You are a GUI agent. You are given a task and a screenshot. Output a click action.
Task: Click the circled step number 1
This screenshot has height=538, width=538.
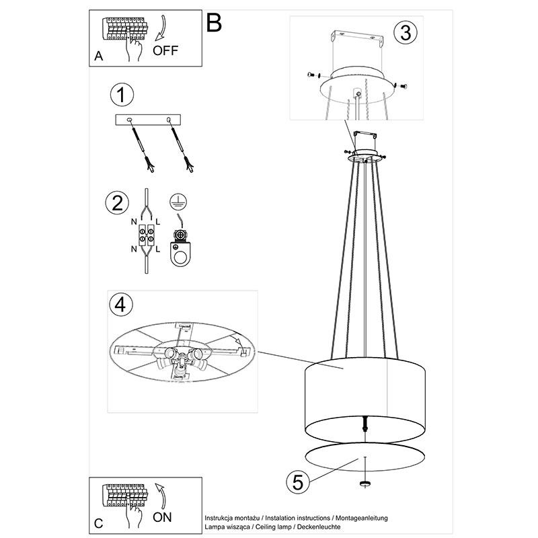[x=122, y=95]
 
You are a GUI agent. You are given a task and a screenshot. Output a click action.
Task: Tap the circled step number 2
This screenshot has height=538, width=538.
[x=117, y=202]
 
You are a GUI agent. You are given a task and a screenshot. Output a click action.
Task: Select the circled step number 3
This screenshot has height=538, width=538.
[x=406, y=33]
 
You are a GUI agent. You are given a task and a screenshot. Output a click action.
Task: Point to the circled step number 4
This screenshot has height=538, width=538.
[x=121, y=305]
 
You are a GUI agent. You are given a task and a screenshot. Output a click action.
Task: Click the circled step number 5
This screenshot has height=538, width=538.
[x=298, y=482]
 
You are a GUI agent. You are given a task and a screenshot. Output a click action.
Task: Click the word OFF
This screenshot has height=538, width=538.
[x=165, y=50]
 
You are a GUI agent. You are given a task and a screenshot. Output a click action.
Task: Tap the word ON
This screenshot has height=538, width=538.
[x=162, y=517]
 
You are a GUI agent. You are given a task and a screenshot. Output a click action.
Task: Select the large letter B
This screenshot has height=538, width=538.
[x=214, y=23]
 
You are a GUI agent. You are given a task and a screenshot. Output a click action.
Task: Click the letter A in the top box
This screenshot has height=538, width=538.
[x=98, y=56]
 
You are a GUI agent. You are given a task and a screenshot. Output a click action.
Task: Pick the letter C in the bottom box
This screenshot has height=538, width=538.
[x=98, y=524]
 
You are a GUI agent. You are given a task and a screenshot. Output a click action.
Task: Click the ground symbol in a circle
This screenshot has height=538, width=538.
[x=178, y=201]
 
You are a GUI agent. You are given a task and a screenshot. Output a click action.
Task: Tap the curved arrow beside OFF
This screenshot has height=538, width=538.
[x=161, y=28]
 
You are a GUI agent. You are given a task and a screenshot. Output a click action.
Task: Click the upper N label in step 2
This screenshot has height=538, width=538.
[x=134, y=222]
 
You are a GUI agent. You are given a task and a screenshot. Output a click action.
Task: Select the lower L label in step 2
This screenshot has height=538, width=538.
[x=157, y=249]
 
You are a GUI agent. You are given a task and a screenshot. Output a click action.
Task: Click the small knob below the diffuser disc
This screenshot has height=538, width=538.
[x=364, y=484]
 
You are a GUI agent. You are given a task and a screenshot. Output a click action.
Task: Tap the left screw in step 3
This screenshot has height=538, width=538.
[x=313, y=75]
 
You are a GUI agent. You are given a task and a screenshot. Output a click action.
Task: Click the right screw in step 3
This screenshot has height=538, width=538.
[x=401, y=85]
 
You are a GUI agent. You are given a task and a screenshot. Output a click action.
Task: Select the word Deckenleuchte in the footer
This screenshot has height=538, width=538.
[x=319, y=527]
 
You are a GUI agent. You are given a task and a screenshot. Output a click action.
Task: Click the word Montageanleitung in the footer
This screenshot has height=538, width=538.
[x=362, y=518]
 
